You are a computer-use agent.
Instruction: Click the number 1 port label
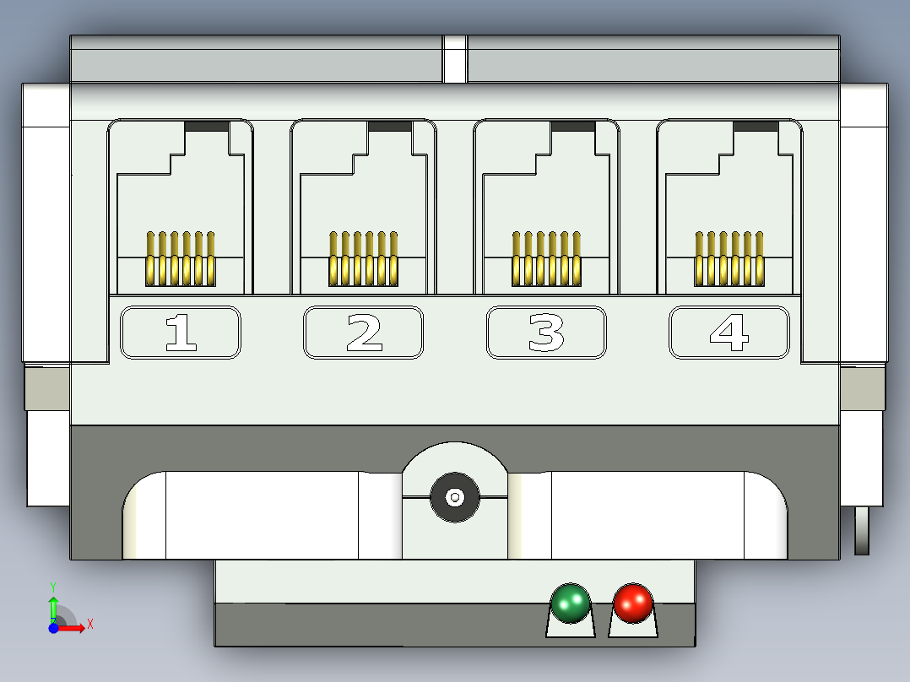tap(181, 333)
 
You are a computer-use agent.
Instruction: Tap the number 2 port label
tap(363, 333)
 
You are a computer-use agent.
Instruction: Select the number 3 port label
tap(546, 333)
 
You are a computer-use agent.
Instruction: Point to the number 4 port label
tap(729, 333)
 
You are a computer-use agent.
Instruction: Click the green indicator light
tap(571, 603)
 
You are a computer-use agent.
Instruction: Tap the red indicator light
tap(633, 603)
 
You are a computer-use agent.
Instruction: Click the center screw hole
tap(455, 497)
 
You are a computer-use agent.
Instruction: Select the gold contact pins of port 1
tap(181, 259)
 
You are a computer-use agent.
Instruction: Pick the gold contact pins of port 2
tap(363, 259)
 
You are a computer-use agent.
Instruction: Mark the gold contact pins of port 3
tap(546, 259)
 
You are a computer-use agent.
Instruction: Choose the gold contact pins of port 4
tap(729, 259)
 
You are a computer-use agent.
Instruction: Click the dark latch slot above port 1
tap(207, 127)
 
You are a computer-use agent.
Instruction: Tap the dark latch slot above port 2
tap(390, 127)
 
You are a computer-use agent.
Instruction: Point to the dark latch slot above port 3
tap(573, 127)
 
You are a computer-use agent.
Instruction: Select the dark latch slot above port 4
tap(756, 127)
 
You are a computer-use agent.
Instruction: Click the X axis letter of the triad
tap(90, 625)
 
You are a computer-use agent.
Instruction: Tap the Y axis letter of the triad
tap(53, 587)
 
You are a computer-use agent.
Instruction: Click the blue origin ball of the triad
tap(53, 628)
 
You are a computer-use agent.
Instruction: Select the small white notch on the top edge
tap(455, 59)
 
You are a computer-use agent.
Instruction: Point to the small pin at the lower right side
tap(862, 531)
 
